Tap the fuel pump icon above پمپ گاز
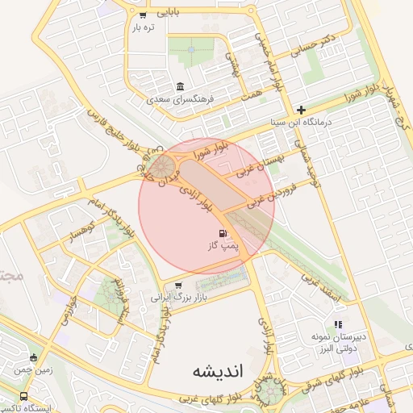click(223, 233)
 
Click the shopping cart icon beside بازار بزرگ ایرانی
click(178, 285)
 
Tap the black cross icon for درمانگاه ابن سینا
click(301, 110)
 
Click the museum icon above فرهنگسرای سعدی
click(179, 87)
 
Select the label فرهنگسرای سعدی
click(179, 101)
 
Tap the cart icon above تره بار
click(143, 15)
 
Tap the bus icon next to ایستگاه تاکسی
click(23, 396)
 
